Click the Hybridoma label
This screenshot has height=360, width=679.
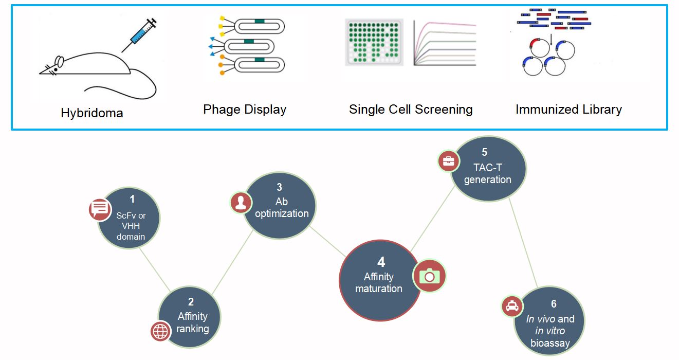(92, 113)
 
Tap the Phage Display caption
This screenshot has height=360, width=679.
(245, 110)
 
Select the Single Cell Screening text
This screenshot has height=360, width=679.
(411, 110)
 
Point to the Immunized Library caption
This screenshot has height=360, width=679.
(568, 110)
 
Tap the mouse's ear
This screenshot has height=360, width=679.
(60, 62)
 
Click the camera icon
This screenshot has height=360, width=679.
(430, 276)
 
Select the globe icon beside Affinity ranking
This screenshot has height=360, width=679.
(160, 331)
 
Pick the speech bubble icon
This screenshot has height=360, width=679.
(100, 209)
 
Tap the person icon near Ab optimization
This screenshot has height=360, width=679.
(240, 202)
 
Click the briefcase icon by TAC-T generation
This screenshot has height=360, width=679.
(448, 161)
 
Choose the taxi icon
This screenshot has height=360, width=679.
(512, 307)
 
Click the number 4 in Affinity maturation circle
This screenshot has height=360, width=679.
(381, 262)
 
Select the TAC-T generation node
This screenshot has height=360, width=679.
(488, 169)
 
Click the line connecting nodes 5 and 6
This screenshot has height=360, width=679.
(523, 242)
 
